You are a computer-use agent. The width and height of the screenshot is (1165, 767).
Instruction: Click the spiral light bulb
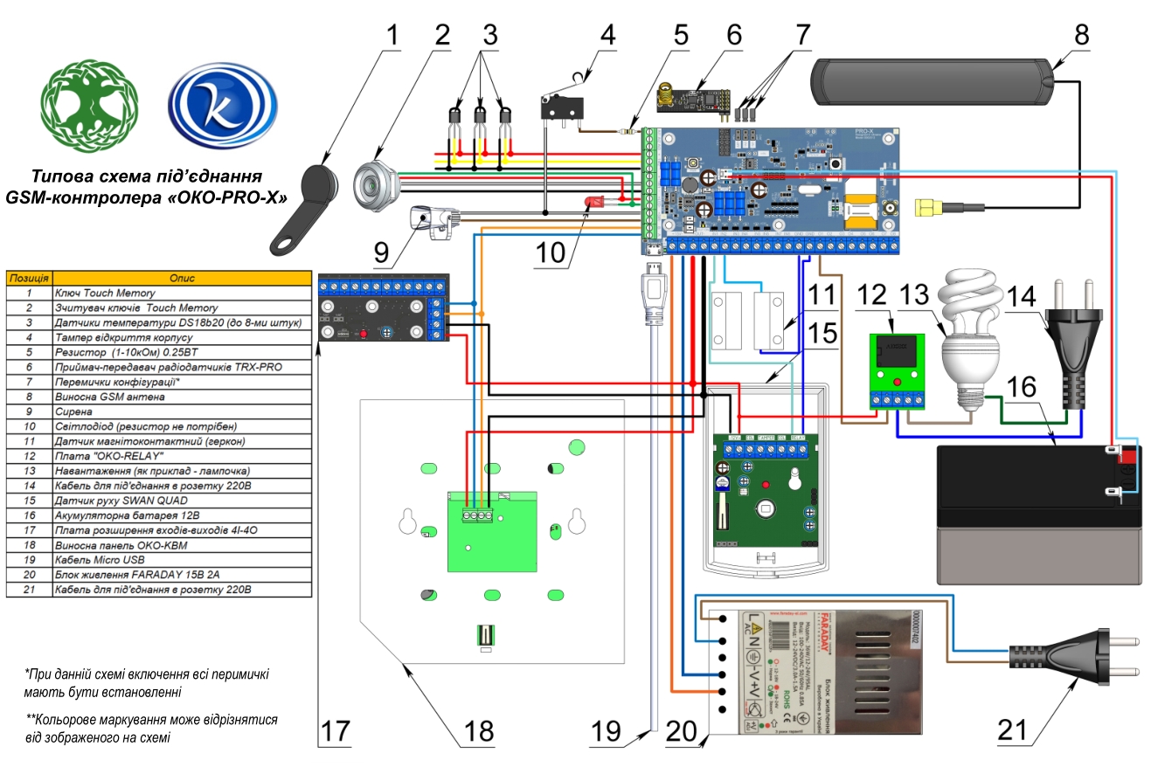coord(970,336)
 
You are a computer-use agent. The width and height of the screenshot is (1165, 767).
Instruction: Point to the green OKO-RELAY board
coord(896,367)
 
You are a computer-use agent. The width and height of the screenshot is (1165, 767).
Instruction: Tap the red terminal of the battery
coord(1127,455)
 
